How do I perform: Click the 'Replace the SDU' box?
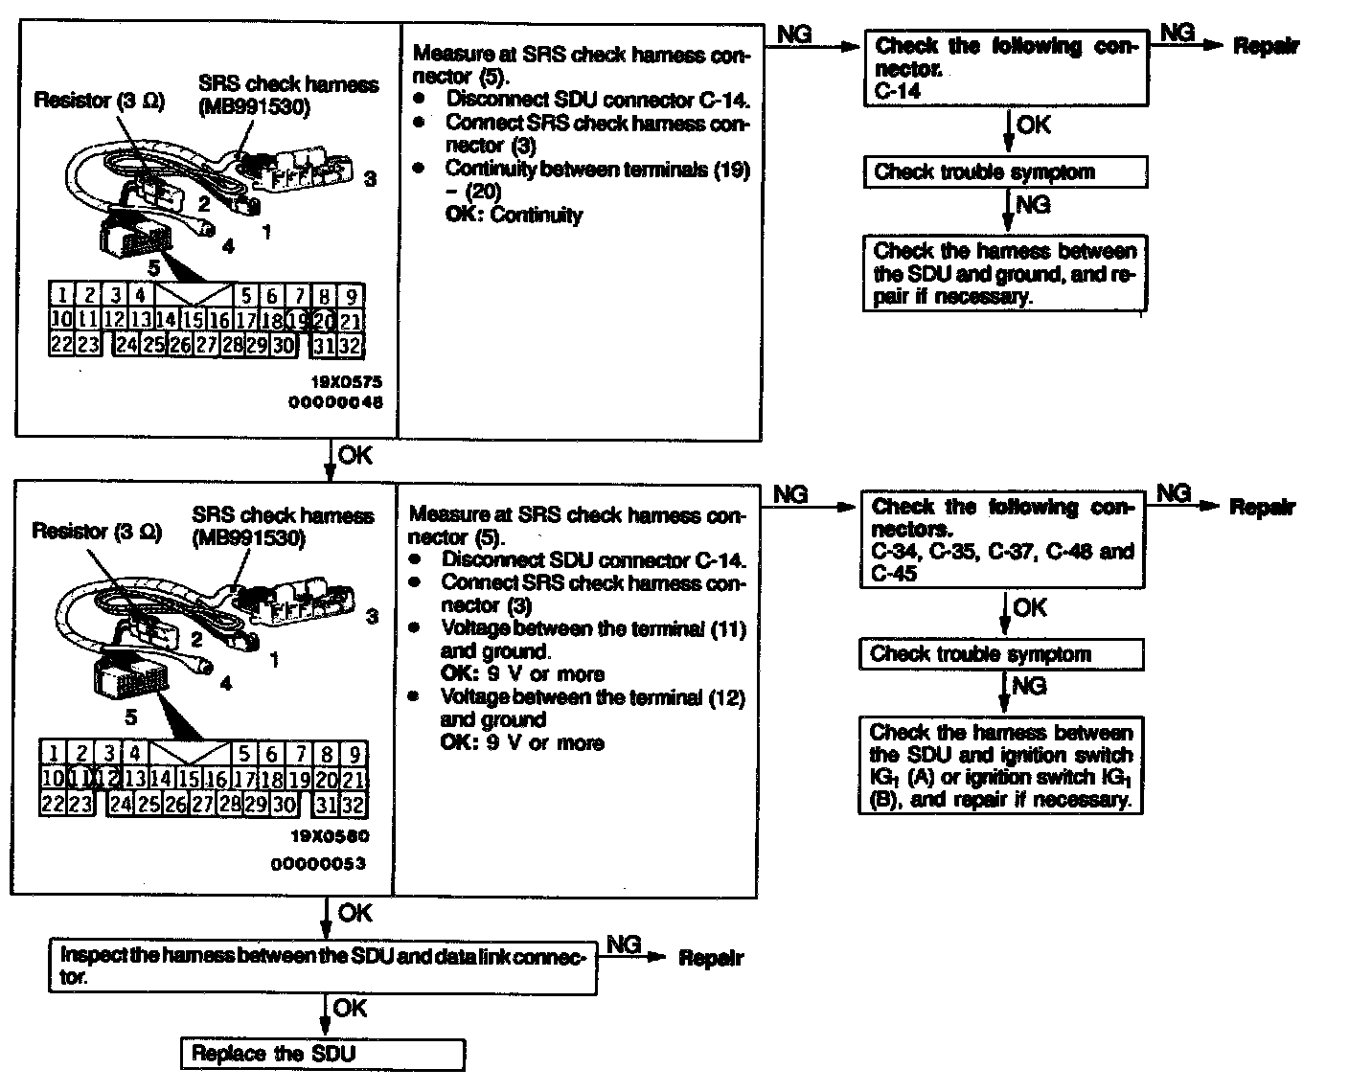323,1054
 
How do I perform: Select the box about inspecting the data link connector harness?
322,966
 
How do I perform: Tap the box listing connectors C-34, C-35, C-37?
1002,539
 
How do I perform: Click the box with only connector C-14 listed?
1006,68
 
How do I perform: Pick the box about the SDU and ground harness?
1005,274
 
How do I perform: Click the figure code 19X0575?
341,380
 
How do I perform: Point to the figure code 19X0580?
330,835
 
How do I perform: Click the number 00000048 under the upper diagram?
335,403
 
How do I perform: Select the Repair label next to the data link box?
711,958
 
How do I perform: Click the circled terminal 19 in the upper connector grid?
298,321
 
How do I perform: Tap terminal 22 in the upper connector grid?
61,344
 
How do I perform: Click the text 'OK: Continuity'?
514,215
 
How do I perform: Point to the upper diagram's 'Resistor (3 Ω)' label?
100,101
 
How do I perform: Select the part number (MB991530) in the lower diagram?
249,538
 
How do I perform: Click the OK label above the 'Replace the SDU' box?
350,1008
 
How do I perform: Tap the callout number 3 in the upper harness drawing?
371,178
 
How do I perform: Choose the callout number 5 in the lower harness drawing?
131,717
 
